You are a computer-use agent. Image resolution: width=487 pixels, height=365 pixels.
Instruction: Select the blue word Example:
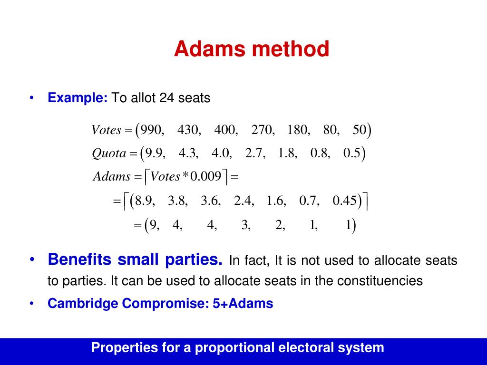(x=78, y=98)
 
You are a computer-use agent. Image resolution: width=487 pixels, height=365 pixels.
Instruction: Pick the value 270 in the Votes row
(x=263, y=130)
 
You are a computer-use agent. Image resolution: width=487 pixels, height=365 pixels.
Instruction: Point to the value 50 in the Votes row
(x=360, y=130)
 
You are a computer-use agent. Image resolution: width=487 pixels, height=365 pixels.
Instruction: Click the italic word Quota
(x=109, y=154)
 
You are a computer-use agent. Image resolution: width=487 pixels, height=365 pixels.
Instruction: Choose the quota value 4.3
(x=188, y=154)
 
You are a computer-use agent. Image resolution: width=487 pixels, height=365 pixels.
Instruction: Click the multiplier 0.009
(x=206, y=177)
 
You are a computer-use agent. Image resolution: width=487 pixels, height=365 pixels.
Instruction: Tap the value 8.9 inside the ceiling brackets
(x=145, y=201)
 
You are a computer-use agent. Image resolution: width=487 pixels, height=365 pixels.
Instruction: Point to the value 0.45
(x=344, y=201)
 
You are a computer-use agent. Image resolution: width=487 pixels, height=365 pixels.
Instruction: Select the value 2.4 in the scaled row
(x=243, y=201)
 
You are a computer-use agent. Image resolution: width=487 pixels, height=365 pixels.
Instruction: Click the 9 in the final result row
(x=153, y=224)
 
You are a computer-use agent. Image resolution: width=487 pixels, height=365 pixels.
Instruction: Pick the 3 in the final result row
(x=244, y=224)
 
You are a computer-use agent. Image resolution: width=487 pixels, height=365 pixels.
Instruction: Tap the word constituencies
(x=380, y=281)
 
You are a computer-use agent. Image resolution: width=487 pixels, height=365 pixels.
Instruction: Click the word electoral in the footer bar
(x=295, y=347)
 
